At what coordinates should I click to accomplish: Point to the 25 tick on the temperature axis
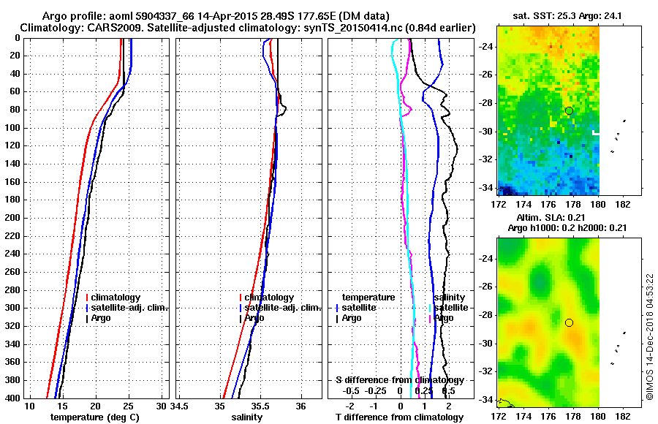[x=129, y=406]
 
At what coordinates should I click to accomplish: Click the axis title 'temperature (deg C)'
[x=94, y=417]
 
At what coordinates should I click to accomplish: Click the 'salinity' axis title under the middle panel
[x=246, y=417]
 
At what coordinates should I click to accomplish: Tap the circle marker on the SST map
[x=569, y=110]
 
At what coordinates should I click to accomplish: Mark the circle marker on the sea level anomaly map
[x=569, y=322]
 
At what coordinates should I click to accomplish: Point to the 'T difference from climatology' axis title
[x=399, y=417]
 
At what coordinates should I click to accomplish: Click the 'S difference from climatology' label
[x=399, y=380]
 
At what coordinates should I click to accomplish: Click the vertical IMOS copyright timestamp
[x=648, y=337]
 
